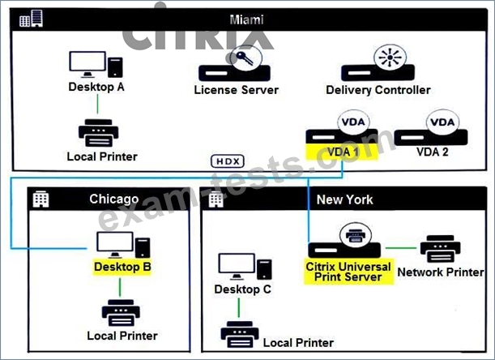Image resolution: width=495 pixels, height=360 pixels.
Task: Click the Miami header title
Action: tap(246, 19)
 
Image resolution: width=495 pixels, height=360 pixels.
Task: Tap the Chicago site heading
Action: tap(114, 199)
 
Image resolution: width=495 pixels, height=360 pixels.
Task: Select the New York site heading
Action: tap(345, 199)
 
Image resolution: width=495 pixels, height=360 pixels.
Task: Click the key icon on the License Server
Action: tap(245, 58)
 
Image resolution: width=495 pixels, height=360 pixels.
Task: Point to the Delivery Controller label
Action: tap(378, 90)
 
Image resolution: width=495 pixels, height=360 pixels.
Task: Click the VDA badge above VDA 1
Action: tap(353, 122)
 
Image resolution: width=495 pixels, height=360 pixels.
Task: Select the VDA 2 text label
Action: tap(432, 152)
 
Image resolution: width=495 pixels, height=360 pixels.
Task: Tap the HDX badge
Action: tap(228, 161)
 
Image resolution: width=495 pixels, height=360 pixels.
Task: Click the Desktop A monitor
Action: tap(87, 64)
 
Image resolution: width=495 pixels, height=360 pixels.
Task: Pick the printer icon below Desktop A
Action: tap(99, 133)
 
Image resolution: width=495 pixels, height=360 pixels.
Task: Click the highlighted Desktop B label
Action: tap(122, 267)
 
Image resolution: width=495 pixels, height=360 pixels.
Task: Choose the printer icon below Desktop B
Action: tap(121, 313)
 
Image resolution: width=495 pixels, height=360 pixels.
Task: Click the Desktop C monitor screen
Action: tap(237, 264)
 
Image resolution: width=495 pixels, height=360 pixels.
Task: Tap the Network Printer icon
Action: tap(441, 249)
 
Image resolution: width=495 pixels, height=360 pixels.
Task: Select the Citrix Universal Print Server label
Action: tap(348, 272)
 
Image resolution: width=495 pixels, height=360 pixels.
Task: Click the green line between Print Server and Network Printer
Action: tap(400, 248)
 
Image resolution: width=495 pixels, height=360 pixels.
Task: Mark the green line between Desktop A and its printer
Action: tap(97, 104)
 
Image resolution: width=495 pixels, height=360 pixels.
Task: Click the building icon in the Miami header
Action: tap(31, 19)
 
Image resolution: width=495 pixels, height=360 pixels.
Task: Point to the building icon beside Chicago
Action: tap(41, 199)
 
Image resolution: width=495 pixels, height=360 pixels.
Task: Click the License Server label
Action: tap(236, 90)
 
